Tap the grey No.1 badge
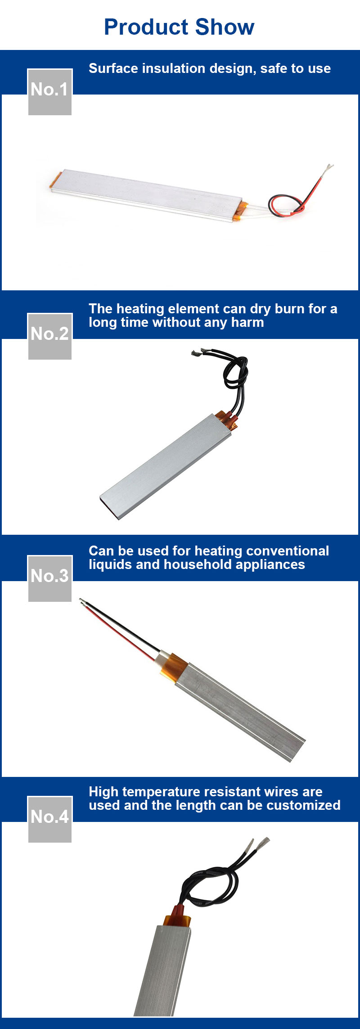(x=50, y=92)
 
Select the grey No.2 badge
(x=50, y=336)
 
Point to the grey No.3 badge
(x=50, y=578)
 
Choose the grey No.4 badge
(x=50, y=819)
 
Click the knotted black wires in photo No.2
(x=235, y=374)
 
